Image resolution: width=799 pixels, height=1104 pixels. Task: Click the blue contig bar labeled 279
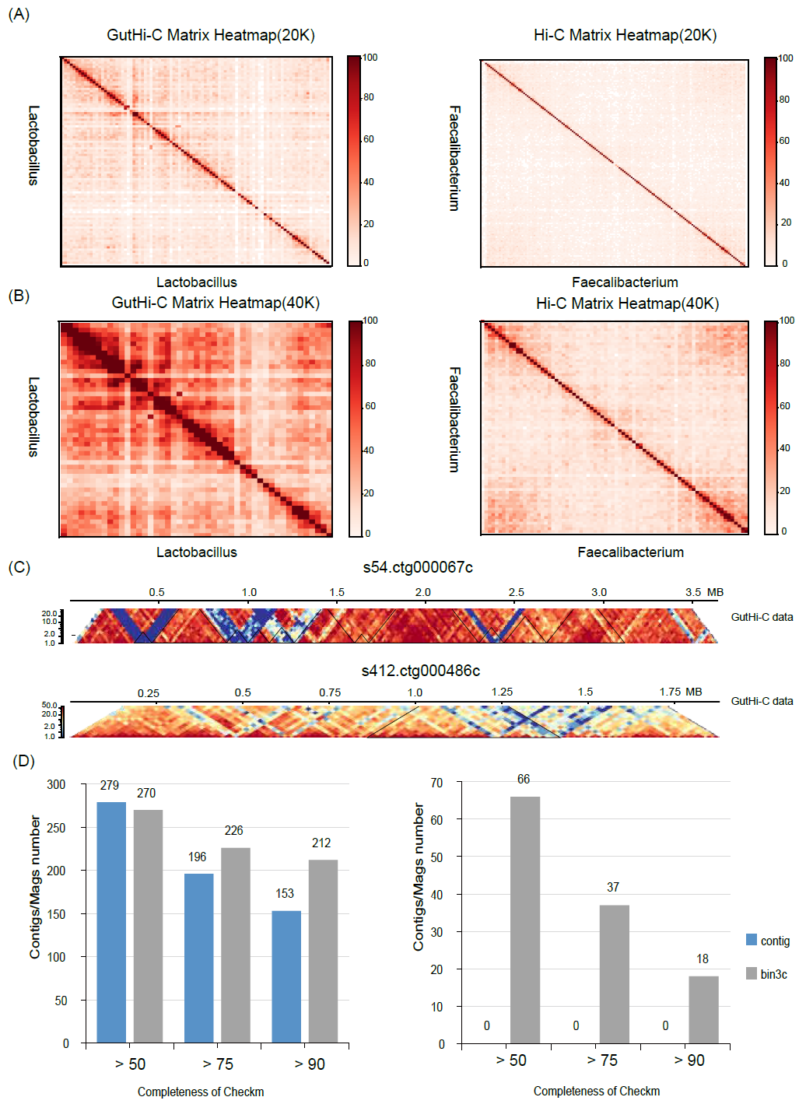point(111,922)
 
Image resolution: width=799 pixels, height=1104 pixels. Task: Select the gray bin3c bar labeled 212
point(324,951)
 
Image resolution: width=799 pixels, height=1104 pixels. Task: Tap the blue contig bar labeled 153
point(286,976)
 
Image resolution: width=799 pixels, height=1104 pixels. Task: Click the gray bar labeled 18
point(703,1009)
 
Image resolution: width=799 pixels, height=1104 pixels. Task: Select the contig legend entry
point(768,941)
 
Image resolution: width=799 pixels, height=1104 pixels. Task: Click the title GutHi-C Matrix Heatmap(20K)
point(211,35)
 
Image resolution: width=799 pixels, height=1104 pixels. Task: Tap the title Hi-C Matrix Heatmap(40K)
point(627,303)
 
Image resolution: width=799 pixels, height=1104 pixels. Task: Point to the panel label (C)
point(19,567)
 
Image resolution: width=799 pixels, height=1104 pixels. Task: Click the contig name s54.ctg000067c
point(418,567)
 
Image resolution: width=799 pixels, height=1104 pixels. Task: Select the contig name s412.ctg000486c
point(421,671)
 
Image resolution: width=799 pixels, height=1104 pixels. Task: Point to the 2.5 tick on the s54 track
point(517,593)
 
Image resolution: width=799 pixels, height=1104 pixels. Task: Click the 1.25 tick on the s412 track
point(502,692)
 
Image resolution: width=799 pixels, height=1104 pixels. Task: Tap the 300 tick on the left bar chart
point(56,784)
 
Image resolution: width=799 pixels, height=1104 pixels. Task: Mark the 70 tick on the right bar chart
point(436,783)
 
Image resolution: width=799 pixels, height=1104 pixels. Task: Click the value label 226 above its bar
point(234,831)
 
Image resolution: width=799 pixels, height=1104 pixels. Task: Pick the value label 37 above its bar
point(613,888)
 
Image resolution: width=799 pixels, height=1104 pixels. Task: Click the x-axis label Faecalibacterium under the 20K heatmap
point(625,282)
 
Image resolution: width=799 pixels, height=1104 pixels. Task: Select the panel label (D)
point(24,761)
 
